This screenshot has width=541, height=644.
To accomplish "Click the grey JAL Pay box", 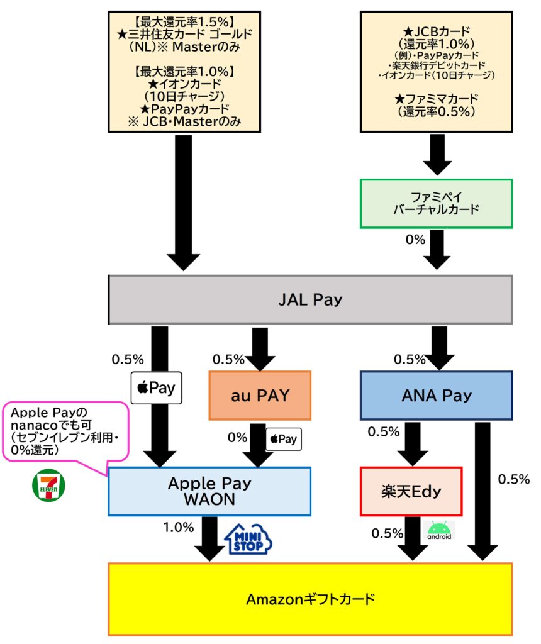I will click(310, 299).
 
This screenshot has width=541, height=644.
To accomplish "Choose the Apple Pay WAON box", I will click(209, 491).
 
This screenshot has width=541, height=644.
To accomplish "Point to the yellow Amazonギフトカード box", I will click(310, 599).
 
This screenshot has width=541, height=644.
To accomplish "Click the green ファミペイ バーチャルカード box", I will click(436, 203).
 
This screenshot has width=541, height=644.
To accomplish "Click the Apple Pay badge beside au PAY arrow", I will click(284, 440).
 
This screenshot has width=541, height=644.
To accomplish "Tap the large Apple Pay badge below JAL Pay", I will click(156, 388).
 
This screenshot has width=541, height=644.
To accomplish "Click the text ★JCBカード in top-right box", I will click(437, 32).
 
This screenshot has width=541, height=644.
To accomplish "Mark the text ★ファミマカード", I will click(437, 99).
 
